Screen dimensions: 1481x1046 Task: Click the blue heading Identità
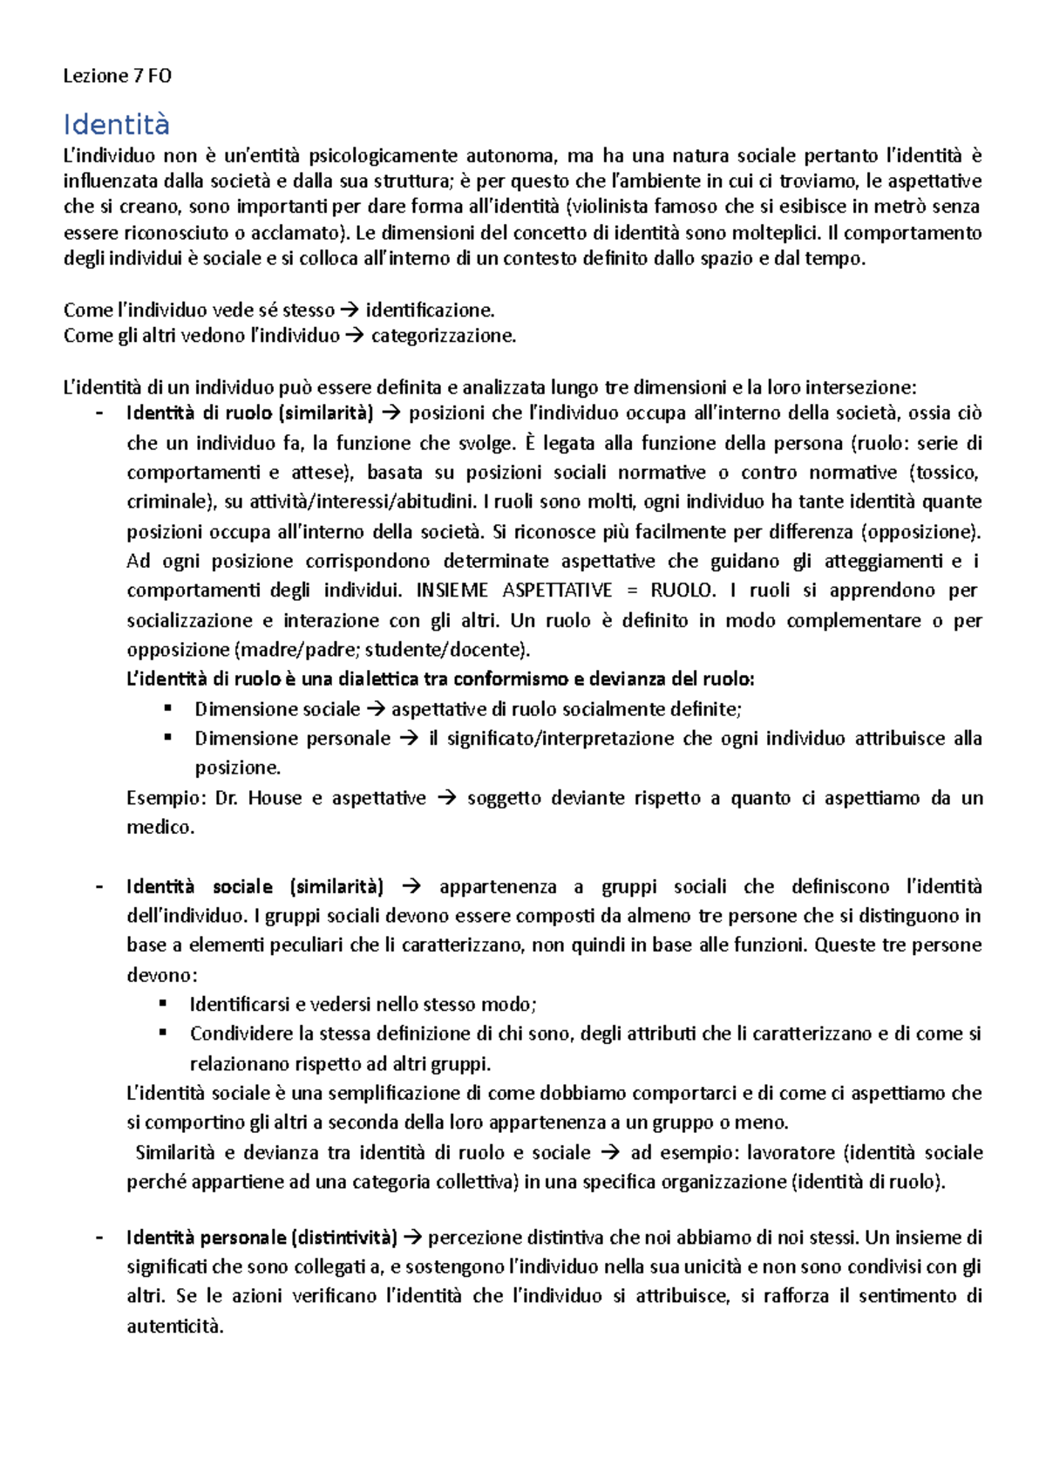coord(116,125)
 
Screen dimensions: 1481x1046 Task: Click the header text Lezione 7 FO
coord(117,76)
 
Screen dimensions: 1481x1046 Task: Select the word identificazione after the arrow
coord(429,310)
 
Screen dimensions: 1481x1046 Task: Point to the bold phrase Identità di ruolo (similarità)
coord(249,413)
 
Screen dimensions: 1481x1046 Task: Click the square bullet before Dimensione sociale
coord(168,708)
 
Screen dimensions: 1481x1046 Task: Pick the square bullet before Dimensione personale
coord(168,738)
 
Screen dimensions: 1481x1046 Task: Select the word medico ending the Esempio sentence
coord(160,827)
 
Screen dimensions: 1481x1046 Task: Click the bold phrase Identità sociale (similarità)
coord(255,887)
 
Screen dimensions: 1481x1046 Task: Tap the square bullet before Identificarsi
coord(163,1004)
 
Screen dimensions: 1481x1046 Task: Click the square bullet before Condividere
coord(163,1033)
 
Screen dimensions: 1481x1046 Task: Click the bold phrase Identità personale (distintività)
coord(261,1238)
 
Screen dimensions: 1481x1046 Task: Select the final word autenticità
coord(174,1327)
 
